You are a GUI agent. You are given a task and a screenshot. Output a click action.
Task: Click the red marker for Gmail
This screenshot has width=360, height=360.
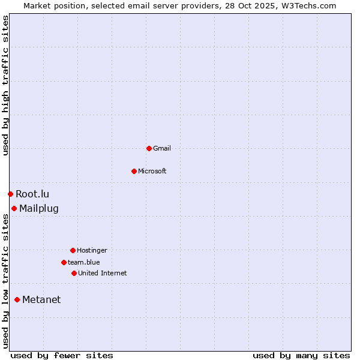tap(149, 148)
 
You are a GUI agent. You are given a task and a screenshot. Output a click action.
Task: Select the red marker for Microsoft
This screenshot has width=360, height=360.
tap(134, 171)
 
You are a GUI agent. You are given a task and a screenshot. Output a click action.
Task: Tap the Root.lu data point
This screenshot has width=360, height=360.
tap(10, 194)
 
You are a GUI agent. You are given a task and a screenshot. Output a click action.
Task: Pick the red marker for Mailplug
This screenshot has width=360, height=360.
tap(14, 208)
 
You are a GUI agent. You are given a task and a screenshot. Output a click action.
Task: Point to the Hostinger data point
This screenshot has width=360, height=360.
tap(73, 250)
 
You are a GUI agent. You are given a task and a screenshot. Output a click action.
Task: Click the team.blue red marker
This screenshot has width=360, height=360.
tap(64, 262)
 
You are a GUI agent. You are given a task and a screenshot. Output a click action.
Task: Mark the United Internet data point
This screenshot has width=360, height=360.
tap(74, 273)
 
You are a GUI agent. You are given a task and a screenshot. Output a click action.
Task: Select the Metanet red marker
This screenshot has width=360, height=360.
tap(17, 299)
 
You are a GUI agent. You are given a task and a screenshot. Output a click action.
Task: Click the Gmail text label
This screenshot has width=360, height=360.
tap(162, 148)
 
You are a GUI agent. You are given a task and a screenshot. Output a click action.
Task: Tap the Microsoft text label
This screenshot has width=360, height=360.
tap(152, 171)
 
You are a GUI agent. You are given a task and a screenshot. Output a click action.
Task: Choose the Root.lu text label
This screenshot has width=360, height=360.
tap(32, 194)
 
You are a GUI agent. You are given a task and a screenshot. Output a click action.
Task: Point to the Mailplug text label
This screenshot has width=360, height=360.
tap(39, 209)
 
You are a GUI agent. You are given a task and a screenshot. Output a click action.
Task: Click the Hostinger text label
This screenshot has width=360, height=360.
tap(92, 250)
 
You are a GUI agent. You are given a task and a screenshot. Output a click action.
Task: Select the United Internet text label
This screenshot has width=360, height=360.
tap(102, 273)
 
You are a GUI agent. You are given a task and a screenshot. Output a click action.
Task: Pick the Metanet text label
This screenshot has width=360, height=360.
tap(41, 300)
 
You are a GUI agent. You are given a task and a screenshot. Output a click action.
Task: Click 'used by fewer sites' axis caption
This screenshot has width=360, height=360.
tap(62, 355)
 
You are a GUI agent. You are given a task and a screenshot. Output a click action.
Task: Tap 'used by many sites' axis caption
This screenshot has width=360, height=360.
tap(301, 355)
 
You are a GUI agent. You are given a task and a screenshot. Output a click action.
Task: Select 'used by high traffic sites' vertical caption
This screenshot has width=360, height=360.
tap(5, 85)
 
